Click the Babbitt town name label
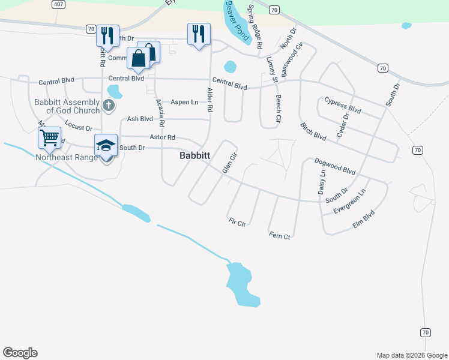click(x=195, y=155)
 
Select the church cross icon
click(x=108, y=106)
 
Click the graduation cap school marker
click(x=106, y=146)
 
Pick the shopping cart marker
click(x=49, y=137)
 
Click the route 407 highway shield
click(x=58, y=4)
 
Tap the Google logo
click(x=20, y=353)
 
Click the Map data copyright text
click(x=412, y=355)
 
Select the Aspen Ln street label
click(x=184, y=102)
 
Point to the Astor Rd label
click(x=162, y=137)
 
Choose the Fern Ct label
click(x=280, y=236)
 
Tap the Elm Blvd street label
click(x=364, y=219)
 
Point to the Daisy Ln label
click(x=321, y=181)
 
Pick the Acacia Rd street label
click(x=160, y=112)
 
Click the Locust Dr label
click(x=79, y=127)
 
